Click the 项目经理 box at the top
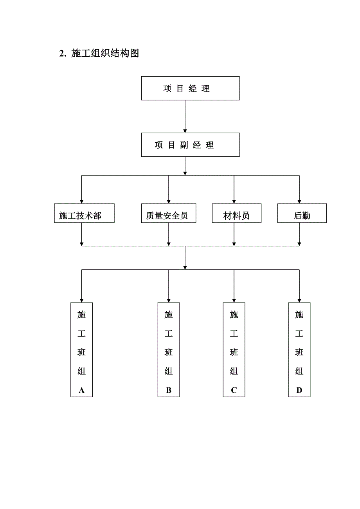click(x=190, y=88)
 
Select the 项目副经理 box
click(x=190, y=145)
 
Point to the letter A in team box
click(x=81, y=390)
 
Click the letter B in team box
click(x=169, y=390)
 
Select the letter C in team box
click(x=234, y=390)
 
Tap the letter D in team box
click(x=299, y=390)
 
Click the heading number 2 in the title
click(x=62, y=54)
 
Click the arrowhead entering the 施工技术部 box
click(x=81, y=201)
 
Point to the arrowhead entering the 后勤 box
click(x=299, y=201)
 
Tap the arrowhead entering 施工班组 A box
click(x=81, y=300)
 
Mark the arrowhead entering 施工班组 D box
click(x=299, y=300)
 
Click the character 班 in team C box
click(x=234, y=352)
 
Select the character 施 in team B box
click(x=169, y=315)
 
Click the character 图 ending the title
click(x=134, y=54)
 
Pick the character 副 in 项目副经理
click(x=184, y=145)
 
